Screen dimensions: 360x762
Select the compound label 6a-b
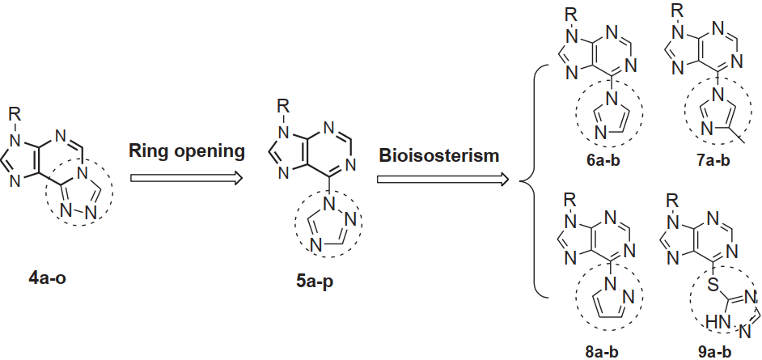pos(611,161)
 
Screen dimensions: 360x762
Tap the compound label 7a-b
pos(713,161)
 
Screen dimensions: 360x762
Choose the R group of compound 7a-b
pos(680,10)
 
